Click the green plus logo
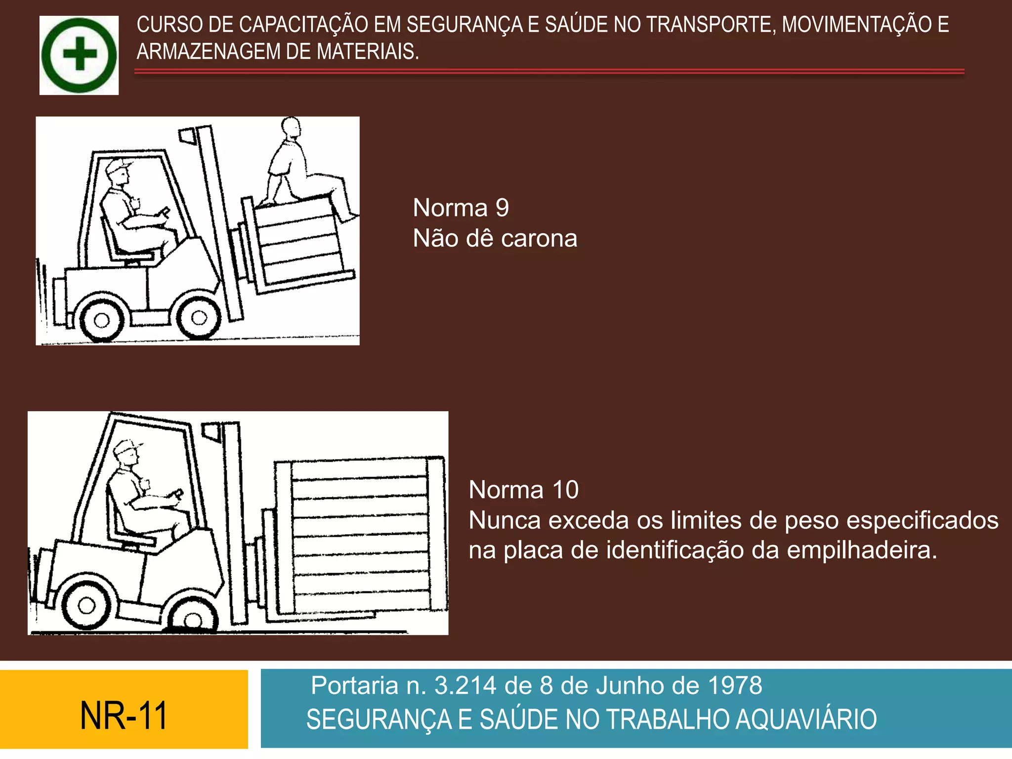(79, 55)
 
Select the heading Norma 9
(461, 208)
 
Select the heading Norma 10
(523, 490)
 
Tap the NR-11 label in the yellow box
(124, 716)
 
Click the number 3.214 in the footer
(465, 686)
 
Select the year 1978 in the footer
(735, 686)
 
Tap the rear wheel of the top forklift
(101, 320)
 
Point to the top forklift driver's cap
(118, 165)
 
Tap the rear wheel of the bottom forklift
(87, 605)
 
